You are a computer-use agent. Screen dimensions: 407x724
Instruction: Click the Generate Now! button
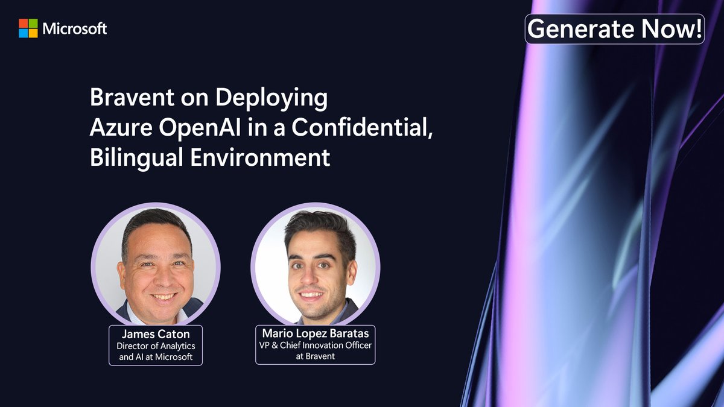pyautogui.click(x=614, y=29)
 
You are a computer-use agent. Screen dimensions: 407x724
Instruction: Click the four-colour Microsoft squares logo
pyautogui.click(x=28, y=28)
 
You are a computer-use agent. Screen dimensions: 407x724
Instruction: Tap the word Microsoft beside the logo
pyautogui.click(x=75, y=28)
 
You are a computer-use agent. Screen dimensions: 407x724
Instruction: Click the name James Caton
pyautogui.click(x=155, y=333)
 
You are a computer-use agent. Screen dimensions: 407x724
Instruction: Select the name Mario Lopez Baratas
pyautogui.click(x=315, y=333)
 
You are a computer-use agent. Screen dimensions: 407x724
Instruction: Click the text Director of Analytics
pyautogui.click(x=155, y=346)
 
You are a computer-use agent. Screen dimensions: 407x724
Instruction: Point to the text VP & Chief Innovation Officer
pyautogui.click(x=315, y=345)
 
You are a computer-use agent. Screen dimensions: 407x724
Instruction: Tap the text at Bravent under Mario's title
pyautogui.click(x=315, y=356)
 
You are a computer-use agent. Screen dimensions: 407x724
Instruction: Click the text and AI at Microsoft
pyautogui.click(x=155, y=356)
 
